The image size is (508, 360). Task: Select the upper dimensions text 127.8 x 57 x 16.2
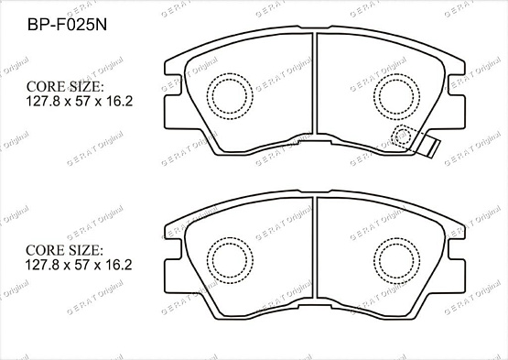[79, 102]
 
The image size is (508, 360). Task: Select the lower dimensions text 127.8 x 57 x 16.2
[79, 266]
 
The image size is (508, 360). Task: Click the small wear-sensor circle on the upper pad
[402, 137]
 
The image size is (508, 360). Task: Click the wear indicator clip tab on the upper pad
[428, 144]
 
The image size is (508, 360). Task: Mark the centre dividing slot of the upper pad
[314, 92]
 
